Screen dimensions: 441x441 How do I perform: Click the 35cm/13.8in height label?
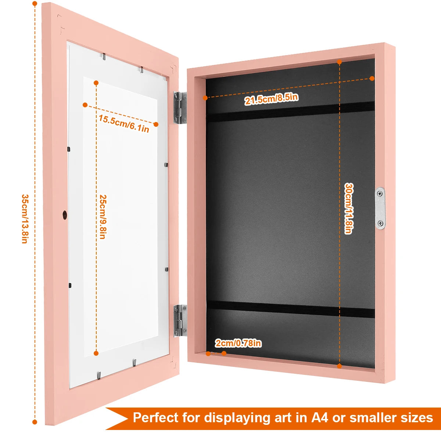24,219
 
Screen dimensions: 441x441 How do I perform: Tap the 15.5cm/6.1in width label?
124,123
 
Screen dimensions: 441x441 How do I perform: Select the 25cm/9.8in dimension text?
103,217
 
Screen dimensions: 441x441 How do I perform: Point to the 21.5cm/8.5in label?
271,99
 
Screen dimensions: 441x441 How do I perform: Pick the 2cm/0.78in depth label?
238,343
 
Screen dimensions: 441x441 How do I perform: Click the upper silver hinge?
179,107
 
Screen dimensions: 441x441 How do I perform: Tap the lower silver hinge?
180,320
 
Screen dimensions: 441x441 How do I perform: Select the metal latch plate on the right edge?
380,208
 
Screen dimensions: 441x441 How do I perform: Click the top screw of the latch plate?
380,193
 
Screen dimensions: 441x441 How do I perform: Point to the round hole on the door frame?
65,215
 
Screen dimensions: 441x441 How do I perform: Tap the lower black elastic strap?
290,309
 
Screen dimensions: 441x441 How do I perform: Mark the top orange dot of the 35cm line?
35,4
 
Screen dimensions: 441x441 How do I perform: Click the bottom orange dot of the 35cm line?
35,422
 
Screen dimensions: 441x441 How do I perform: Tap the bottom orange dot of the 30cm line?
339,366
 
